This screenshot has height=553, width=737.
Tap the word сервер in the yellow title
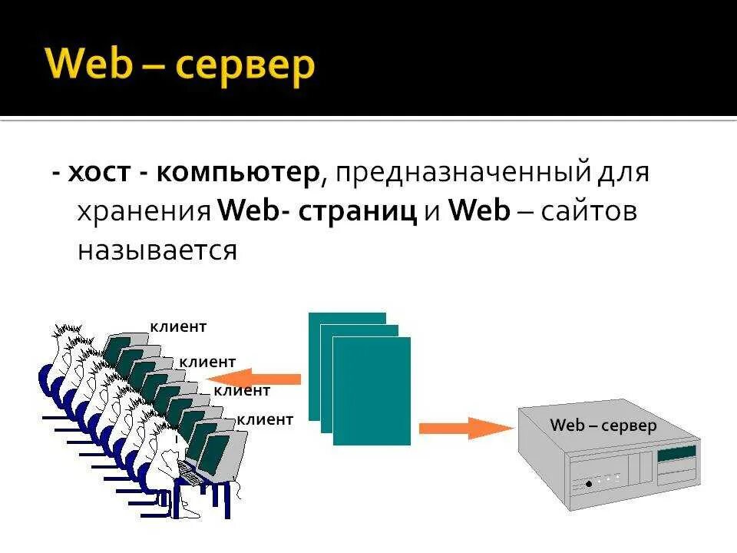point(245,66)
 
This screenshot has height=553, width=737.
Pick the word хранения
point(144,212)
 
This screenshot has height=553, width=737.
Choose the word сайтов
point(588,212)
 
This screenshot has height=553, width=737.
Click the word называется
point(157,250)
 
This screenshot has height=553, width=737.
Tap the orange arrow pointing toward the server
point(465,427)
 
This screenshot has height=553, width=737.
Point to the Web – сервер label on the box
point(603,426)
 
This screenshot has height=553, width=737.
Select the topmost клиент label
point(178,327)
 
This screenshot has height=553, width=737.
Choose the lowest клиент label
point(265,419)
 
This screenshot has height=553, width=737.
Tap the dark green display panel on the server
point(676,455)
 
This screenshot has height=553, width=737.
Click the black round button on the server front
point(589,484)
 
